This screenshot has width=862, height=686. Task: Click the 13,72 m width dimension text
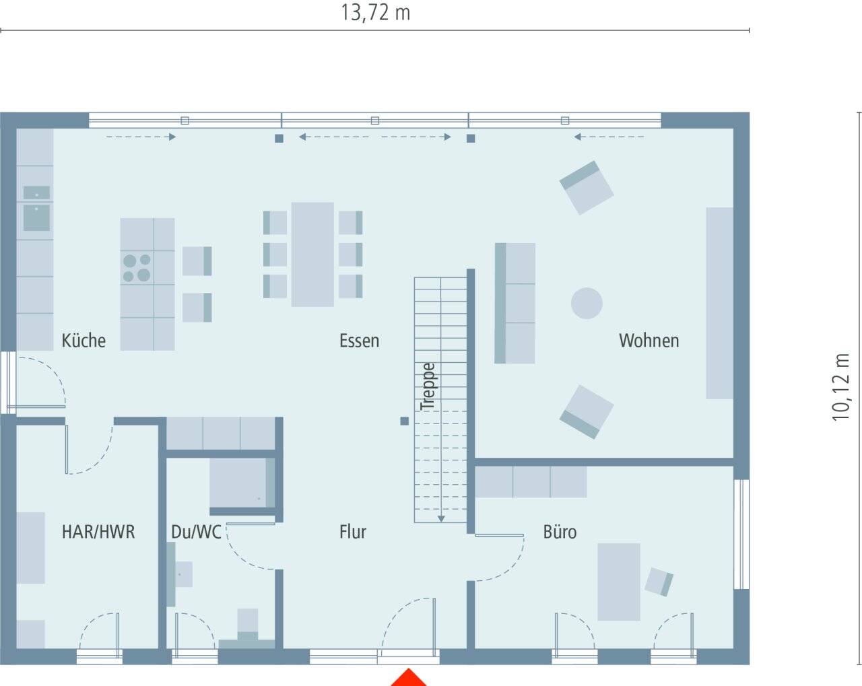pos(375,13)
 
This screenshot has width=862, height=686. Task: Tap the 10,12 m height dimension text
pos(840,387)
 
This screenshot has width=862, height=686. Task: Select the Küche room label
pos(84,341)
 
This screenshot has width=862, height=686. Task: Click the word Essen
pos(360,341)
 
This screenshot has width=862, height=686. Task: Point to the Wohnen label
pos(649,341)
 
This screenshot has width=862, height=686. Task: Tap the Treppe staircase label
pos(428,386)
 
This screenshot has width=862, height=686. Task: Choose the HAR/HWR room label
pos(98,532)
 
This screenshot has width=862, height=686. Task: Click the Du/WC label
pos(196,532)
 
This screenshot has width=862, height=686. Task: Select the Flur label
pos(353,532)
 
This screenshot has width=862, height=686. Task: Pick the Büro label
pos(560,532)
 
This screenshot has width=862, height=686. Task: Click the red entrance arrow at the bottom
pos(409,678)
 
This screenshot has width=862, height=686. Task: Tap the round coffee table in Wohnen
pos(587,303)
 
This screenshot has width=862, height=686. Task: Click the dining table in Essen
pos(312,254)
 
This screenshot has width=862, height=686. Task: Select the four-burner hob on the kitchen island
pos(137,267)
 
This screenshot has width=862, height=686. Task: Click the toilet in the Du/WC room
pos(248,627)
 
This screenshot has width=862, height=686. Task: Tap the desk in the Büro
pos(619,582)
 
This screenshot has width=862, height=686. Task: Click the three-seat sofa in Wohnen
pos(515,303)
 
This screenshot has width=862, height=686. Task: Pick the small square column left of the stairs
pos(405,421)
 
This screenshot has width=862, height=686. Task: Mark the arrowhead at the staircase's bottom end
pos(441,518)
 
